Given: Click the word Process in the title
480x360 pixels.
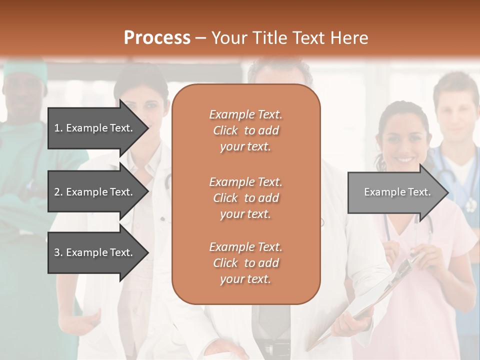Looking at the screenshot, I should [157, 38].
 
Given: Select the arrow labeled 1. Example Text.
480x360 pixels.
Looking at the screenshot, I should [95, 128].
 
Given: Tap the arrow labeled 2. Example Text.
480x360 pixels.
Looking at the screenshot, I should [95, 192].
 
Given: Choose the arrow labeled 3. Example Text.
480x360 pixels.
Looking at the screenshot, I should [95, 252].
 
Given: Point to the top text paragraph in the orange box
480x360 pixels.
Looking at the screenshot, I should [245, 130].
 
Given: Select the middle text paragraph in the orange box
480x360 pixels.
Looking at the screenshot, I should [245, 198].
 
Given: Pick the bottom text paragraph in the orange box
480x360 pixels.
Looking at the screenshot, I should [245, 263].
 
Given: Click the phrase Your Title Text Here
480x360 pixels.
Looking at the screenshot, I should [289, 38].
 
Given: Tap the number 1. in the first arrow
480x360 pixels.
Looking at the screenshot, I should [58, 128].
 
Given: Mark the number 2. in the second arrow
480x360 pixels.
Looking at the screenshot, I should [58, 192].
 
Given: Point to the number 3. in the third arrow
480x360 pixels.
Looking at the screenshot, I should [58, 252].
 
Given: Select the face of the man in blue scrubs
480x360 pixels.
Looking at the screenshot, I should [455, 112].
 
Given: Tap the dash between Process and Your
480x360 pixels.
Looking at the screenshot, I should [201, 38].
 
